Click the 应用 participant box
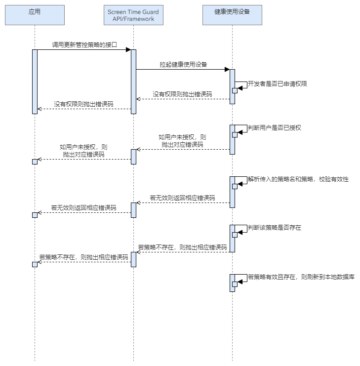35,15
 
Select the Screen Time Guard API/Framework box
133,15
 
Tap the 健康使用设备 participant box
232,15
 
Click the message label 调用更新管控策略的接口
84,44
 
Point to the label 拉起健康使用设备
183,64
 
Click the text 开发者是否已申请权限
277,84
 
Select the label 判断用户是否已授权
274,127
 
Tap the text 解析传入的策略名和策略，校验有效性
298,179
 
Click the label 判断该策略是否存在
274,228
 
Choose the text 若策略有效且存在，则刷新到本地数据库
301,277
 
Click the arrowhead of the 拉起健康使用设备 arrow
227,69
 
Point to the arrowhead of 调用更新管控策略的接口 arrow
128,49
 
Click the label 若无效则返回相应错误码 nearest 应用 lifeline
83,207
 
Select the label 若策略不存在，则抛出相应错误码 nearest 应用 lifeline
83,257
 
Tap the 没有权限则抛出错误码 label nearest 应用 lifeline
83,104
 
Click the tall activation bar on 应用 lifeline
35,81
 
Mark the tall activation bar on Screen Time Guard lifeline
133,81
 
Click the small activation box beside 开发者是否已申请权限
235,89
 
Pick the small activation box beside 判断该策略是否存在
235,235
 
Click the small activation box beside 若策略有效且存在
235,284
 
